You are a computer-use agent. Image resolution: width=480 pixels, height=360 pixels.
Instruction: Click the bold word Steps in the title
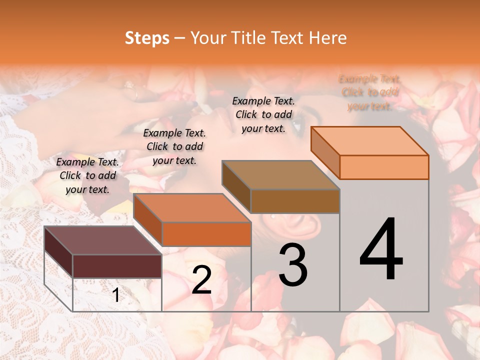pyautogui.click(x=147, y=38)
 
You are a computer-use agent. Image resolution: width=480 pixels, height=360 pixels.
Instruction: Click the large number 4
pyautogui.click(x=381, y=250)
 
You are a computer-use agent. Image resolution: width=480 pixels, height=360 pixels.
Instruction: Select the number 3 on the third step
pyautogui.click(x=293, y=265)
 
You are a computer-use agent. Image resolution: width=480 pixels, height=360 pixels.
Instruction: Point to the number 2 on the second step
pyautogui.click(x=201, y=280)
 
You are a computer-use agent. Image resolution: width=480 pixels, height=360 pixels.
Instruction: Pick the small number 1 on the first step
pyautogui.click(x=116, y=295)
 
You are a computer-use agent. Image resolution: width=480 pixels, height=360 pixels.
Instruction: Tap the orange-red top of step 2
pyautogui.click(x=192, y=208)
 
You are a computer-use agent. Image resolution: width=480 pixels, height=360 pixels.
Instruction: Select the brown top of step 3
pyautogui.click(x=280, y=175)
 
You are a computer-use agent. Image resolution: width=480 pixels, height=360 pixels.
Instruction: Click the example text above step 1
pyautogui.click(x=87, y=175)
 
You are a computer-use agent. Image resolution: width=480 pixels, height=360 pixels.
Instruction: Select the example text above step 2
pyautogui.click(x=174, y=146)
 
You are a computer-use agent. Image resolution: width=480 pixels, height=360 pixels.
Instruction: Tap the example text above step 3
pyautogui.click(x=263, y=114)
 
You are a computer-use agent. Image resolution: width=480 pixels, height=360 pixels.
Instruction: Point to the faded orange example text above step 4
pyautogui.click(x=369, y=92)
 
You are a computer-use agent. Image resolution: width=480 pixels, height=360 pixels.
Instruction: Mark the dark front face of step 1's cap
pyautogui.click(x=117, y=266)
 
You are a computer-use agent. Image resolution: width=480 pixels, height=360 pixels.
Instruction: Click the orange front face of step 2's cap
pyautogui.click(x=206, y=234)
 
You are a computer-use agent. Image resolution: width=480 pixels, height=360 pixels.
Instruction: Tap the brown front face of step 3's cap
pyautogui.click(x=295, y=201)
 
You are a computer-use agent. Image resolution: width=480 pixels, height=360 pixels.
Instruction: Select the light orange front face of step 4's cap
pyautogui.click(x=384, y=167)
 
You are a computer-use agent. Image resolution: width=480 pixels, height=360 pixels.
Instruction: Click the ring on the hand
pyautogui.click(x=136, y=93)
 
